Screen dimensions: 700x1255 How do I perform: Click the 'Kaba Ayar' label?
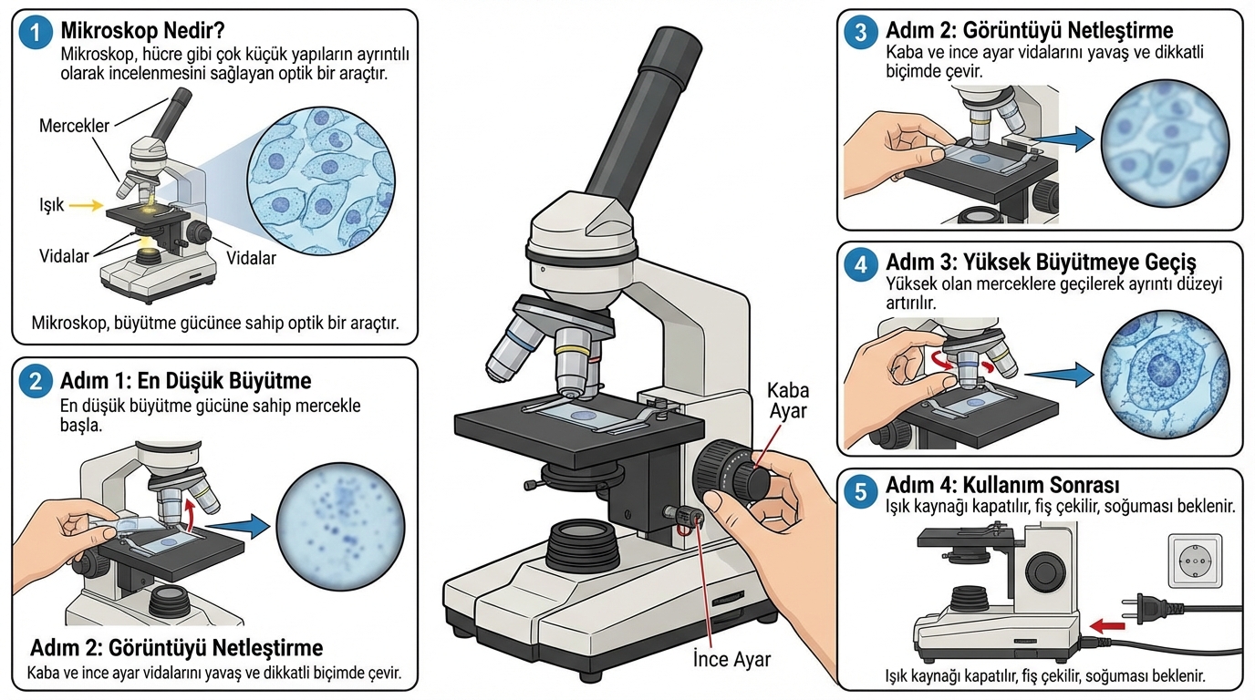pyautogui.click(x=787, y=401)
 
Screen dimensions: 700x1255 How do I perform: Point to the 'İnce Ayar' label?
pyautogui.click(x=731, y=659)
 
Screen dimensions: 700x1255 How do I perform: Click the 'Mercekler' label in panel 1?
pyautogui.click(x=74, y=126)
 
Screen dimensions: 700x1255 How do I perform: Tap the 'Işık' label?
pyautogui.click(x=51, y=206)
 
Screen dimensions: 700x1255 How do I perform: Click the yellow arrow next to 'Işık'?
pyautogui.click(x=86, y=206)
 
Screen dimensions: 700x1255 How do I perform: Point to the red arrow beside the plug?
pyautogui.click(x=1109, y=625)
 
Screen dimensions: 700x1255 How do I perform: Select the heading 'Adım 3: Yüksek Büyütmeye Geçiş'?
pyautogui.click(x=1041, y=263)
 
